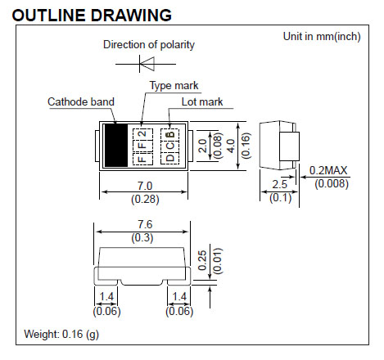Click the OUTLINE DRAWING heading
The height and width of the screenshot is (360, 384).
92,15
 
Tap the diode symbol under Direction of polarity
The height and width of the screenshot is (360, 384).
146,64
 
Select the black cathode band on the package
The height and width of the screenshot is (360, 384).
116,145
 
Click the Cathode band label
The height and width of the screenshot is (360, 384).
81,101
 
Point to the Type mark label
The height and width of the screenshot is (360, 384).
174,85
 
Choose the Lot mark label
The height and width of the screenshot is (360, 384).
202,101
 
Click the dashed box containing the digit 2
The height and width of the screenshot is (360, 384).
142,134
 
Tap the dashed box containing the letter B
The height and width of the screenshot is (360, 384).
169,134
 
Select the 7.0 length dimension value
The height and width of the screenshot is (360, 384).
145,186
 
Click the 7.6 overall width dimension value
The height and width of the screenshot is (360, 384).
145,224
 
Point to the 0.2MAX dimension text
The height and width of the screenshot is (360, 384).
328,170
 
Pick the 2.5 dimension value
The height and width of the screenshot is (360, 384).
280,184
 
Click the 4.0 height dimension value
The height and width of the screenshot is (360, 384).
231,146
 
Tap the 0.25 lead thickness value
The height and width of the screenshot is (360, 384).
202,260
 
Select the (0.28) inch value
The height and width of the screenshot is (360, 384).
145,199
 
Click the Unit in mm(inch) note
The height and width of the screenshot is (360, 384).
322,36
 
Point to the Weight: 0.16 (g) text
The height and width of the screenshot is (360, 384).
61,334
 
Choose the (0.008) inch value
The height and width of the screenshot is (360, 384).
332,183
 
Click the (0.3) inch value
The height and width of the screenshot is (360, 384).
142,237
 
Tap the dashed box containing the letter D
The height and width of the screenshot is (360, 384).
169,158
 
